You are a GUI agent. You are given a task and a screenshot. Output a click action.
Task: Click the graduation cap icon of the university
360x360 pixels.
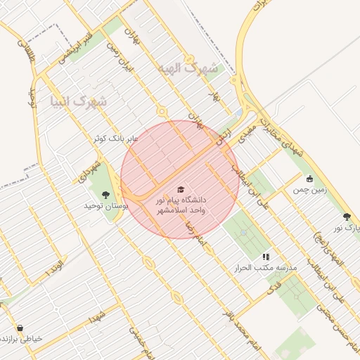point(180,190)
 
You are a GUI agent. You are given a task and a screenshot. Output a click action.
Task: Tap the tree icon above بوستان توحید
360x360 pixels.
point(106,195)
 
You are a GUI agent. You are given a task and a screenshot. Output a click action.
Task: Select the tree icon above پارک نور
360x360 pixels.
point(347,217)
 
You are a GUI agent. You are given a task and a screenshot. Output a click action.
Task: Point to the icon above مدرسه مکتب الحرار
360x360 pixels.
point(266,257)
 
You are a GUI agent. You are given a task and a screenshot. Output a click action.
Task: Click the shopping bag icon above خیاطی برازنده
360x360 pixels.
point(19,328)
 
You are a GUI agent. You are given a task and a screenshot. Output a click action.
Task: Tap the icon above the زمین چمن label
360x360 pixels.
point(309,179)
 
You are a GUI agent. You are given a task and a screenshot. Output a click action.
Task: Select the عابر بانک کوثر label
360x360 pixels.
point(116,139)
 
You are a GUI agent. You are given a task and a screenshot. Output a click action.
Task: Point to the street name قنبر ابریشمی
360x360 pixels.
point(76,46)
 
